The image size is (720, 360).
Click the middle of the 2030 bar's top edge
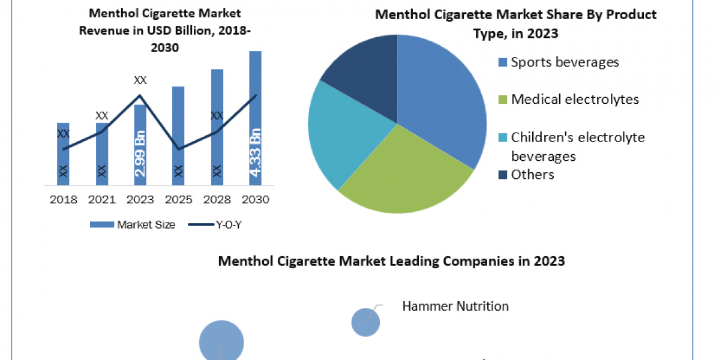pos(255,51)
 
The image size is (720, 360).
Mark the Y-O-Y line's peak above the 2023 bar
pos(140,95)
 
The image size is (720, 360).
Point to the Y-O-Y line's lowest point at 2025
pos(179,149)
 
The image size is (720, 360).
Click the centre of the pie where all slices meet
pos(397,124)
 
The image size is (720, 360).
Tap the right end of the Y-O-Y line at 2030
pos(256,95)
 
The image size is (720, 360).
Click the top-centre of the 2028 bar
pos(217,70)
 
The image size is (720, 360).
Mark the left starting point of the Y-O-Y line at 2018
pos(64,149)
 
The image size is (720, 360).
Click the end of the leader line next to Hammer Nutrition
pos(383,305)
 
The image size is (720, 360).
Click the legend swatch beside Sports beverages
pos(502,62)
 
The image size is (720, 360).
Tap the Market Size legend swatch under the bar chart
pos(102,224)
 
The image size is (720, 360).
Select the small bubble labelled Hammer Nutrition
pos(365,322)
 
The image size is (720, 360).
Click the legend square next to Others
pos(502,175)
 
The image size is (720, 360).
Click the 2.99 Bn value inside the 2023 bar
pos(140,154)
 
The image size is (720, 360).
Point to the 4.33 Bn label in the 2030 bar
pos(256,152)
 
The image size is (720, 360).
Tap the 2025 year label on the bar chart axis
pos(178,200)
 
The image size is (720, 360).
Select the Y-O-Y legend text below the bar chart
pos(229,224)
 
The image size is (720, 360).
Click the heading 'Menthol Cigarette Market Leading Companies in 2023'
pos(391,261)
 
